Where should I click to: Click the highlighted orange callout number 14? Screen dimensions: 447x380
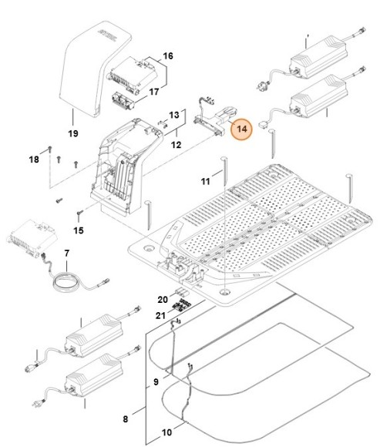click(x=242, y=129)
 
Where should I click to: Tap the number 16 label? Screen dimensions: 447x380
click(x=168, y=56)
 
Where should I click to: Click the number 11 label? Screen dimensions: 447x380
click(x=206, y=181)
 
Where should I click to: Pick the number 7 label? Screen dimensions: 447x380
click(x=66, y=253)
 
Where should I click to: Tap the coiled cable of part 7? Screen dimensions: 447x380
click(x=65, y=283)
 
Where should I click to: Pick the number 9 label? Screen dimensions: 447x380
click(x=155, y=381)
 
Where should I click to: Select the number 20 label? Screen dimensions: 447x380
click(x=163, y=298)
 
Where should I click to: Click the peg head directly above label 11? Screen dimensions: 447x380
click(x=224, y=158)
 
